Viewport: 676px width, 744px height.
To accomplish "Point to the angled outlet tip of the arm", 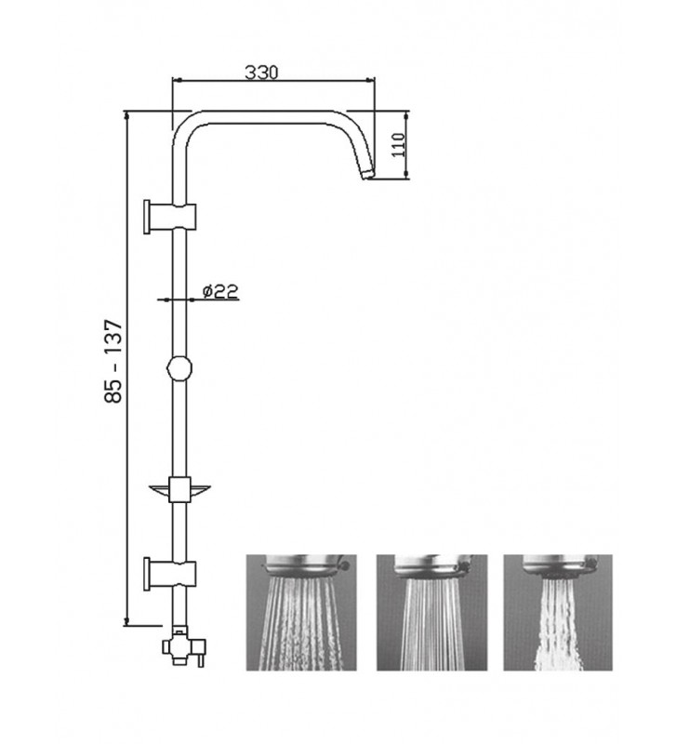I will pos(365,173).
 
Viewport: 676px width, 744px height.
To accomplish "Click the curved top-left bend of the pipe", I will pos(186,128).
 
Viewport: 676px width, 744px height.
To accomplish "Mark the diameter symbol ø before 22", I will pos(206,291).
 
